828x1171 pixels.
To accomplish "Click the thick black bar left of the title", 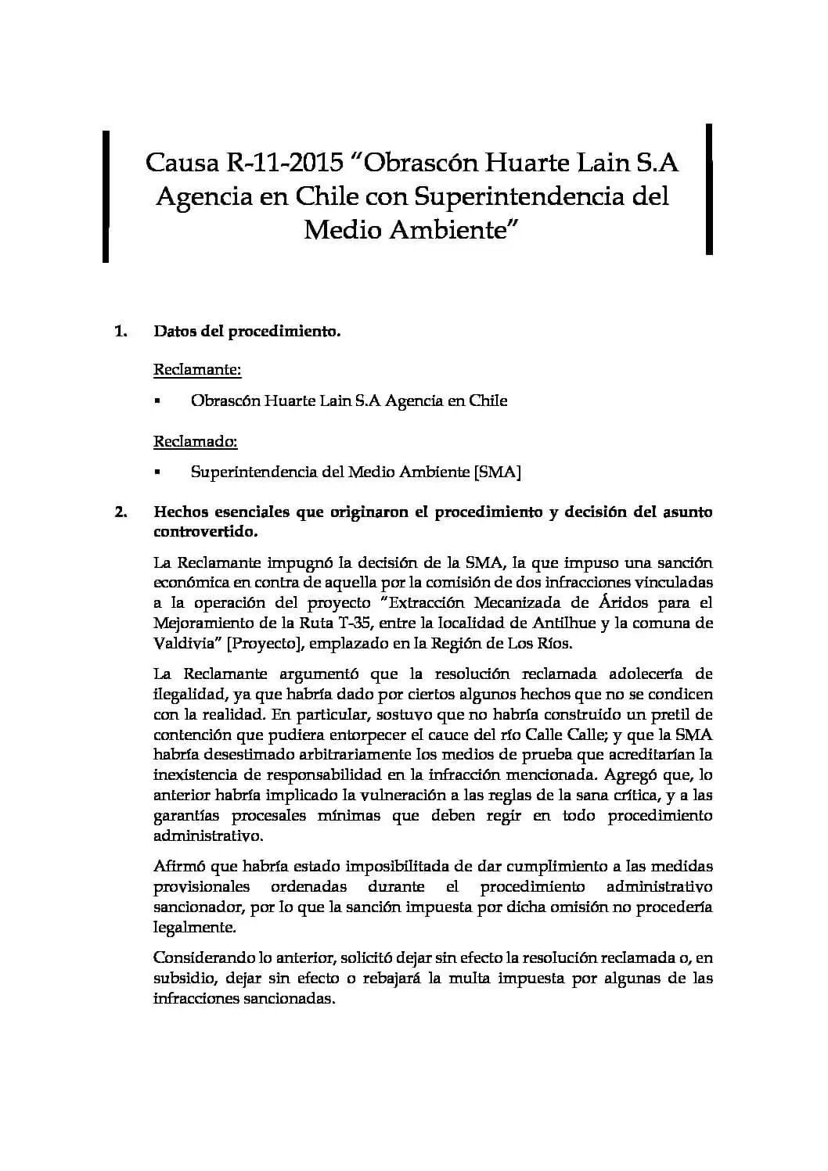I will coord(105,196).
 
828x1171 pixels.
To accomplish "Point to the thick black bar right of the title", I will coord(709,189).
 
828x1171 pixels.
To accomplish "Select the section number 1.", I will coord(121,332).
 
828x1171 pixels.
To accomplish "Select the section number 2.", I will coord(121,512).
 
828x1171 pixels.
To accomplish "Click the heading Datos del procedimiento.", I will coord(247,332).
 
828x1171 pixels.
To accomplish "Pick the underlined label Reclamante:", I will coord(196,369).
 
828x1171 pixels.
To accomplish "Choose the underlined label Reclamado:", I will coord(195,441).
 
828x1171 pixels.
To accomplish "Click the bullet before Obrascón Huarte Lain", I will coord(157,401).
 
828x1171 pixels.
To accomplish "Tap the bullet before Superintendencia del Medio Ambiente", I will coord(157,473).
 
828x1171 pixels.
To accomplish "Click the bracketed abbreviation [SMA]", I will coord(498,472).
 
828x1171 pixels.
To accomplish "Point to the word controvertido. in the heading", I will coord(205,532).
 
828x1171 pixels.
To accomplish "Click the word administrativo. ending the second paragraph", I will coord(208,835).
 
